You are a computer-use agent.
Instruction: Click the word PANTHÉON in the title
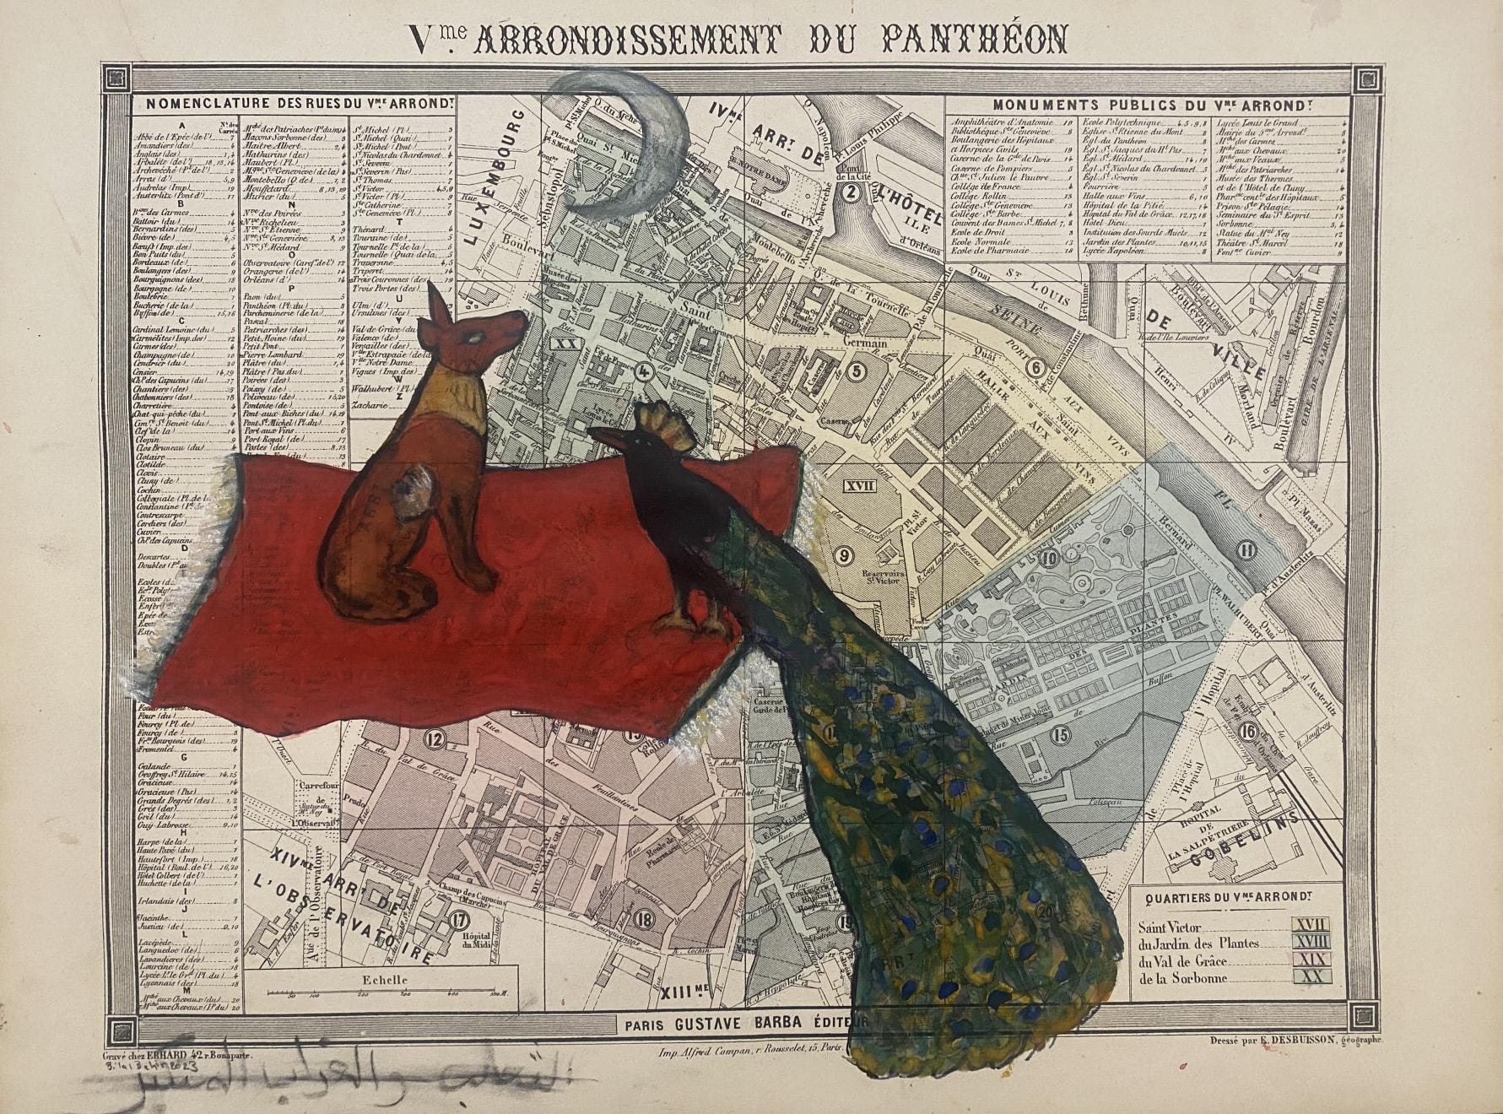pos(974,39)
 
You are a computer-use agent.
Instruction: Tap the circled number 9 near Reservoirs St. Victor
pos(840,554)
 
